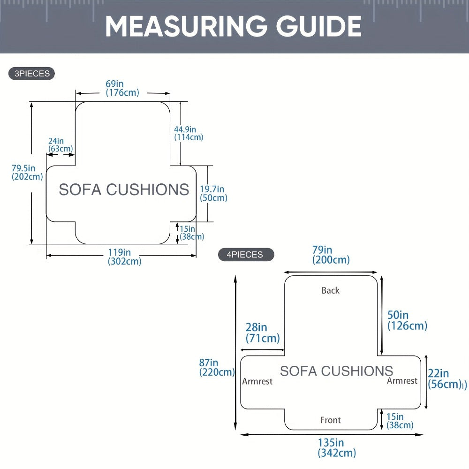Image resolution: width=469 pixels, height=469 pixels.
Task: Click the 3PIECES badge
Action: click(x=32, y=74)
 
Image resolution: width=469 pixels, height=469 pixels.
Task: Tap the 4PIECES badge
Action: click(x=246, y=255)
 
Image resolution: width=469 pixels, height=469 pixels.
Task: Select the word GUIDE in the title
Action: click(x=319, y=26)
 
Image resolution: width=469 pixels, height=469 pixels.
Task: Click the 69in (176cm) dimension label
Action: click(x=122, y=88)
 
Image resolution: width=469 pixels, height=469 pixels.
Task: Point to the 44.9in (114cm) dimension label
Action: click(x=189, y=133)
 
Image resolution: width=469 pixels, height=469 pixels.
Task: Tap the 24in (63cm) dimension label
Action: click(x=61, y=145)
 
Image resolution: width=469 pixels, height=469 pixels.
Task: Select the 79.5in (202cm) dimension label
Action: click(x=27, y=172)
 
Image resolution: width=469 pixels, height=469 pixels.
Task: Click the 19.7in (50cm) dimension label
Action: click(x=213, y=193)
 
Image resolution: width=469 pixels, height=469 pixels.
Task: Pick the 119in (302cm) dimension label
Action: click(x=124, y=257)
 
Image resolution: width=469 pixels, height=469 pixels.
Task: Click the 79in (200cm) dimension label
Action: click(x=331, y=255)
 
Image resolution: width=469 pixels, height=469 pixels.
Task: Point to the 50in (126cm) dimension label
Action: click(x=408, y=320)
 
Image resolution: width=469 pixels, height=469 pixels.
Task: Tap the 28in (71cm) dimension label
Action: click(x=263, y=333)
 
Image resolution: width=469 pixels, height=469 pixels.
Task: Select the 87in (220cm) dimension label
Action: click(x=217, y=367)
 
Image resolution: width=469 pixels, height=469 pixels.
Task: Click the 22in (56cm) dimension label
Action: click(x=447, y=379)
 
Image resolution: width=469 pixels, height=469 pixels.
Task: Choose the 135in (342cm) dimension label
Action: click(x=337, y=448)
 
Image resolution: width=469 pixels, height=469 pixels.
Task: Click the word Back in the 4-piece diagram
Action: click(x=331, y=290)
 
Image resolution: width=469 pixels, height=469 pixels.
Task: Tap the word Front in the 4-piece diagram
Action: click(x=331, y=420)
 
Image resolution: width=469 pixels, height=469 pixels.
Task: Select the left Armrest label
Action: click(x=257, y=381)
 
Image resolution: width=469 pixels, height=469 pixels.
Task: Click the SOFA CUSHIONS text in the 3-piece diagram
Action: click(x=124, y=189)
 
